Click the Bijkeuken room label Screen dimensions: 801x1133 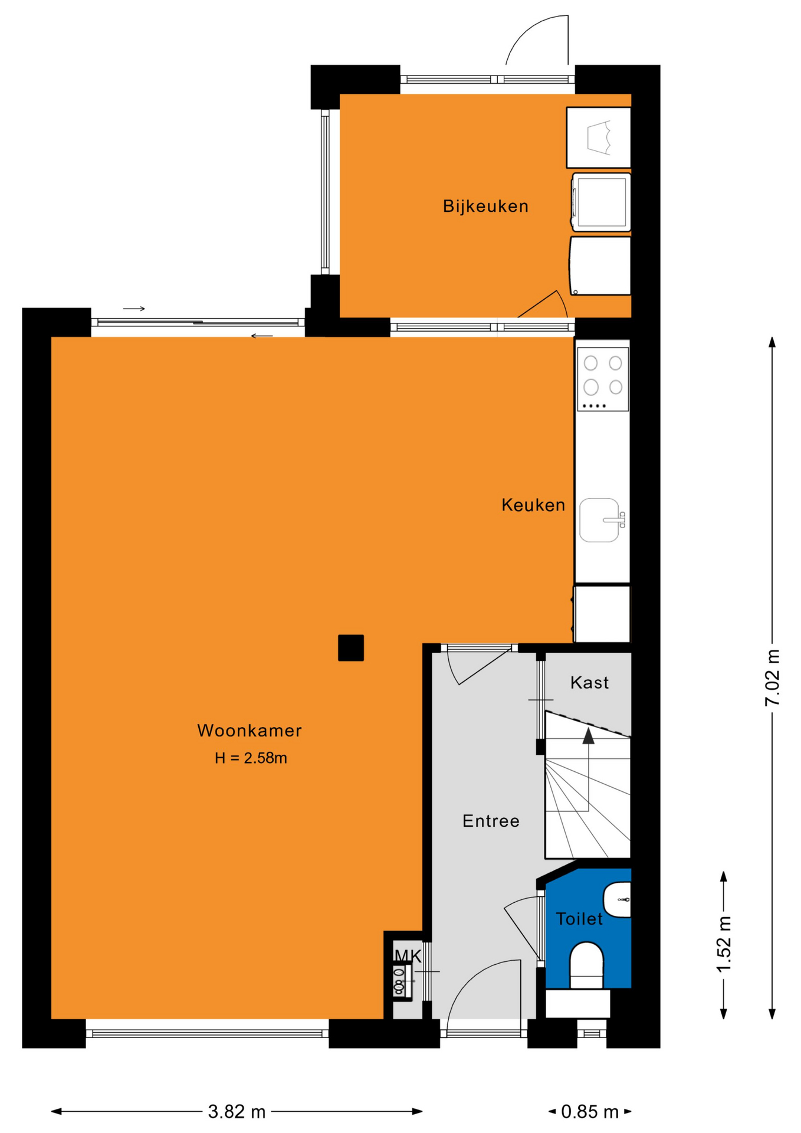(485, 207)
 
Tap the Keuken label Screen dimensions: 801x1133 (533, 505)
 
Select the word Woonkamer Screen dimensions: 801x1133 (250, 731)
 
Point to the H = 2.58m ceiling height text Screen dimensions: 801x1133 (251, 758)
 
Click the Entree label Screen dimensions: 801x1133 (491, 821)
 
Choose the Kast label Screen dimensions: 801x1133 (589, 683)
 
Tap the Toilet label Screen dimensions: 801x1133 (579, 919)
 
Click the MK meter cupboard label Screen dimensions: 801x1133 (408, 956)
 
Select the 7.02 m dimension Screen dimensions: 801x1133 (772, 677)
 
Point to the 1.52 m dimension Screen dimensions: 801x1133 (724, 944)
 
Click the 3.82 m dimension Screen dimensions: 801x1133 (237, 1112)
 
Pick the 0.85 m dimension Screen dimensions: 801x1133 (590, 1112)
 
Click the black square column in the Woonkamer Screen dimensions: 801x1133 (351, 648)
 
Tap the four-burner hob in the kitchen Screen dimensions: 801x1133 (603, 379)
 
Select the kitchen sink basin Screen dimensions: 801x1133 (600, 520)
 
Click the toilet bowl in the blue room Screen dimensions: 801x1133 (586, 965)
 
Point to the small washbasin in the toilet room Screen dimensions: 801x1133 (618, 900)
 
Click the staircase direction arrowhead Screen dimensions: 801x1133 (588, 735)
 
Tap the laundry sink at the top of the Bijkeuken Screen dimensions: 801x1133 (599, 137)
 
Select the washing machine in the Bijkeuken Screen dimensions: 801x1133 (601, 202)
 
